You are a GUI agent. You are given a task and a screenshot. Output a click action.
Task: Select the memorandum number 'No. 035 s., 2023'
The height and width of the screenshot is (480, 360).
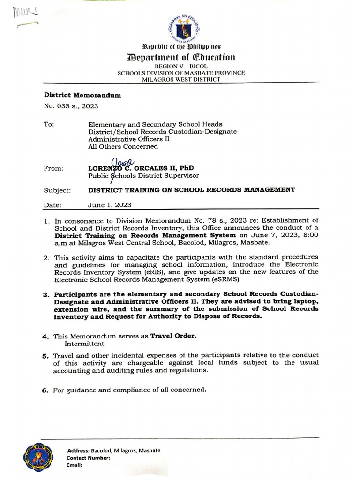pos(71,106)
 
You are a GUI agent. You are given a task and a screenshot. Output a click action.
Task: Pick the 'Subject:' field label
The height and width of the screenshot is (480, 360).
pos(57,190)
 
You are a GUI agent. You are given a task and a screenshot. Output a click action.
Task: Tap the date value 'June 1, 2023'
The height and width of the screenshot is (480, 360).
pos(110,205)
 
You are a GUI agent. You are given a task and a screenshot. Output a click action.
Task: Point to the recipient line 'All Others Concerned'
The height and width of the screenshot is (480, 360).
pos(123,146)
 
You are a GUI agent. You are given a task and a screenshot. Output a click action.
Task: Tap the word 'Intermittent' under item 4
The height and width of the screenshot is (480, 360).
pos(86,344)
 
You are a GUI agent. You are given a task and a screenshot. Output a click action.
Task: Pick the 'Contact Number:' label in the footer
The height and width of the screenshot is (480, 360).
pos(88,457)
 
